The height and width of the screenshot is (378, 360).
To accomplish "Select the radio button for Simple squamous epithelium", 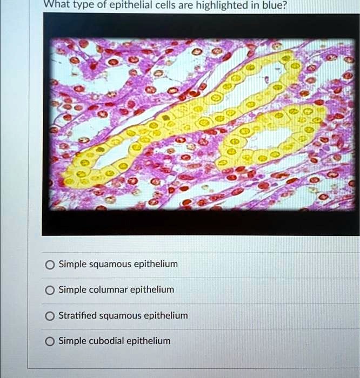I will coord(50,265).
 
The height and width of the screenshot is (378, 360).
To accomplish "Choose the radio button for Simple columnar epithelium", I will coord(50,290).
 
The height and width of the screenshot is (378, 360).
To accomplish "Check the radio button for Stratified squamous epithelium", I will coord(50,315).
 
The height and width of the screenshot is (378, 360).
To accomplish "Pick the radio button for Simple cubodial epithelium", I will coord(50,341).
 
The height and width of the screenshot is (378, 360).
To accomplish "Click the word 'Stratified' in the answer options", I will coord(79,315).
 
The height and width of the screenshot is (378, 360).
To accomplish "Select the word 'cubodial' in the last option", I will coord(106,341).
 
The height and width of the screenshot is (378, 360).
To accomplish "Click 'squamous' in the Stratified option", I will coord(121,315).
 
